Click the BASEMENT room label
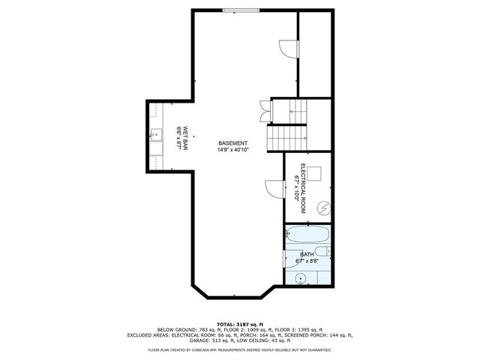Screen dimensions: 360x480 232,143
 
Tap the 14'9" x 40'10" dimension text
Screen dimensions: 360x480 232,150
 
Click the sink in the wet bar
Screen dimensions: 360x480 155,136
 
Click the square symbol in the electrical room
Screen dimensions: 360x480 316,173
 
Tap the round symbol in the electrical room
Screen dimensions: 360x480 323,207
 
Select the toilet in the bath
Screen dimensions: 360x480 322,253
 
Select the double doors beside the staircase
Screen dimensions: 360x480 263,110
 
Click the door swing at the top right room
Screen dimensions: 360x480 286,48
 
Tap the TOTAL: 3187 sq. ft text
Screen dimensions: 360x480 240,323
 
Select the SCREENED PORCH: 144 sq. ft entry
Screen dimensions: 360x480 316,335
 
